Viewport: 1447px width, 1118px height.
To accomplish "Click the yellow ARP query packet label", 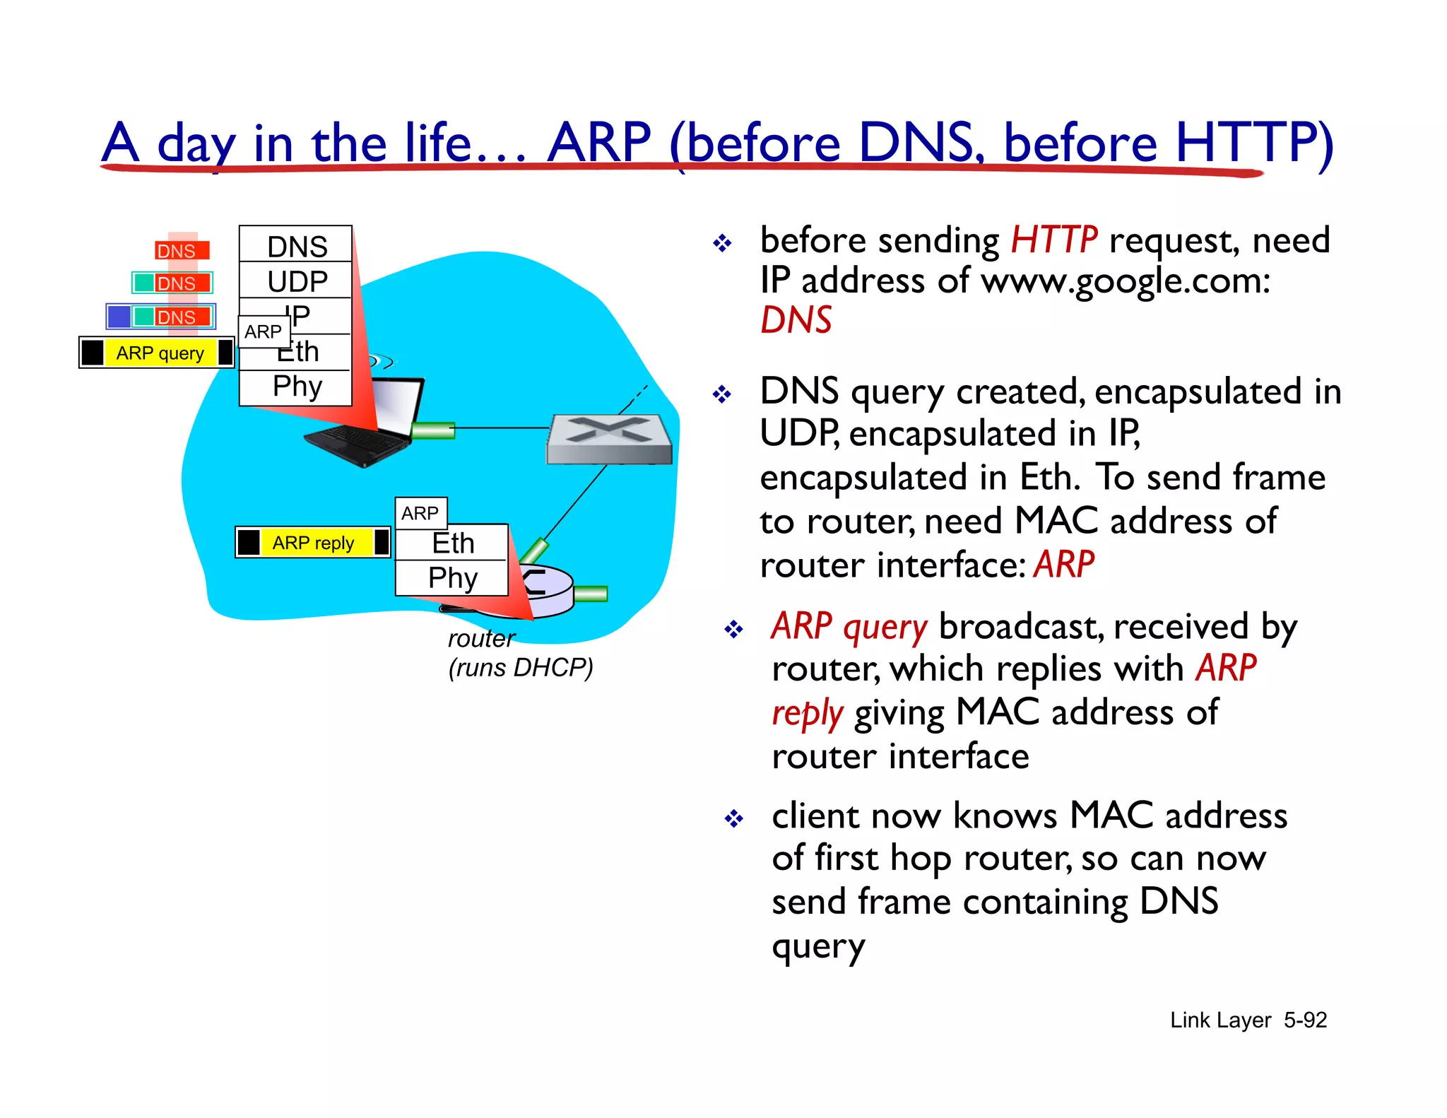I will click(160, 353).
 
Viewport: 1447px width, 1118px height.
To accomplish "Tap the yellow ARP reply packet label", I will click(313, 543).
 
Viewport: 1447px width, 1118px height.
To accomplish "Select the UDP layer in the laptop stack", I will click(296, 281).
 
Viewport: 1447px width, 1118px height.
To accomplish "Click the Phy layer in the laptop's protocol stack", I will click(296, 387).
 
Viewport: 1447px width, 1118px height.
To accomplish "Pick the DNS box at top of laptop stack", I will click(296, 246).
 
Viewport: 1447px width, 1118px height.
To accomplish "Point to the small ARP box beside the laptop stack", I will click(263, 331).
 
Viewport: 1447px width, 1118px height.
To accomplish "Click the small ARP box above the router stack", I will click(420, 513).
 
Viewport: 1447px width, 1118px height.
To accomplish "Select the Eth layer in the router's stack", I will click(452, 543).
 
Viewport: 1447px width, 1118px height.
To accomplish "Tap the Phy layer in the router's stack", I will click(452, 578).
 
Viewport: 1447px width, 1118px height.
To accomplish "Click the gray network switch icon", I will click(609, 439).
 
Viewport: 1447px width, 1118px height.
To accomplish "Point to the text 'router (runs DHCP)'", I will click(519, 653).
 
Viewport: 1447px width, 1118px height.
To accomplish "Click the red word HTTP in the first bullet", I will click(1053, 240).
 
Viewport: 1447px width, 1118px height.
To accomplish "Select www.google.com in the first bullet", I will click(1125, 281).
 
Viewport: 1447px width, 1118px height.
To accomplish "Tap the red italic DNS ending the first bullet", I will click(796, 320).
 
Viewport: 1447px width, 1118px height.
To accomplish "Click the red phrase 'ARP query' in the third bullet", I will click(849, 627).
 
